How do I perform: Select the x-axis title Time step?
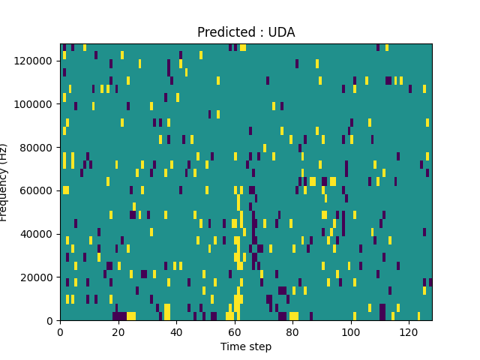246,346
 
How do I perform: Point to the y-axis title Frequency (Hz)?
4,182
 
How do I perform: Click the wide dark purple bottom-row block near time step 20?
120,316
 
